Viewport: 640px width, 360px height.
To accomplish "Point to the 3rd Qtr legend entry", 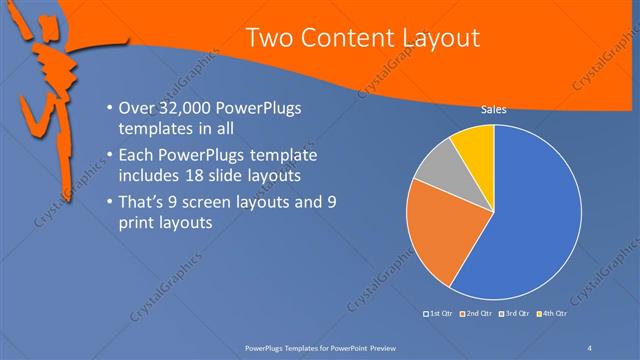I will click(513, 315).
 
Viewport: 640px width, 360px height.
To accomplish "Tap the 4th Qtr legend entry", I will click(552, 315).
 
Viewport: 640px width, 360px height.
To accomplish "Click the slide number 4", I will click(589, 347).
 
